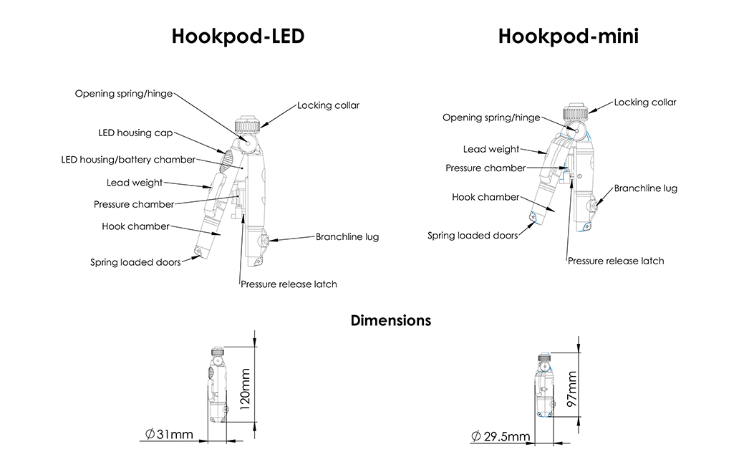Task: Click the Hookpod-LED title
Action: pyautogui.click(x=238, y=37)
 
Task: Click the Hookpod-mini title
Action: pyautogui.click(x=568, y=37)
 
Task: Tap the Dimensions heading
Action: pyautogui.click(x=390, y=320)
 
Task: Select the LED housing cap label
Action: pyautogui.click(x=135, y=133)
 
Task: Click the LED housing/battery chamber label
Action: pyautogui.click(x=128, y=160)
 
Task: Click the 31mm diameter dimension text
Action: pyautogui.click(x=169, y=435)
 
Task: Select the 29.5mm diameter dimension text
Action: pyautogui.click(x=501, y=436)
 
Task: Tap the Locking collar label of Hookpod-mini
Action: pyautogui.click(x=644, y=102)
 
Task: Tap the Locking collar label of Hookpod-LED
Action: pyautogui.click(x=328, y=105)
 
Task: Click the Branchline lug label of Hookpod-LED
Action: pyautogui.click(x=347, y=236)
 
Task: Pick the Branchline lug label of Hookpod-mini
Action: pyautogui.click(x=645, y=188)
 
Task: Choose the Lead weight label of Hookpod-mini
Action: pyautogui.click(x=491, y=149)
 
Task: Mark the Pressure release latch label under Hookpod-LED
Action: pyautogui.click(x=289, y=284)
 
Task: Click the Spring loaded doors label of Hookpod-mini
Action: pyautogui.click(x=472, y=235)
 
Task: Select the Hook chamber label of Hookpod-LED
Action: pyautogui.click(x=135, y=226)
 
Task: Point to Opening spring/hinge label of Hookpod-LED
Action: pyautogui.click(x=123, y=94)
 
